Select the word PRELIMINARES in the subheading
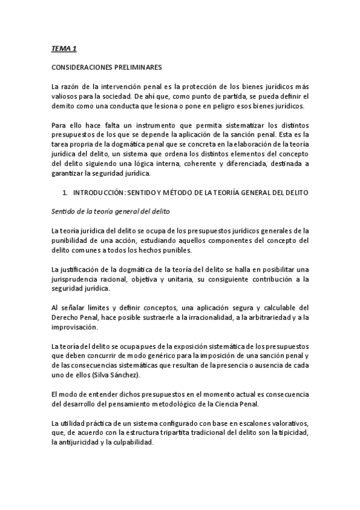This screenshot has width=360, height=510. click(x=142, y=66)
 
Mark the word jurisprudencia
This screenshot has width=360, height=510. click(x=79, y=280)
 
